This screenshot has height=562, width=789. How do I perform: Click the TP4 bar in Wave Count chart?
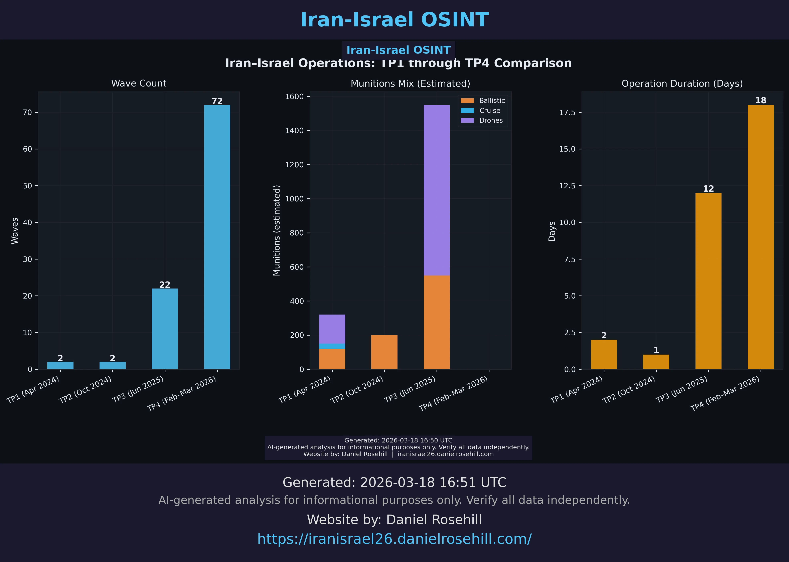217,237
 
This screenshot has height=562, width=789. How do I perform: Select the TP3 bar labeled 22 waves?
165,329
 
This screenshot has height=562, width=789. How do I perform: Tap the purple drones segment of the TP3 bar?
436,190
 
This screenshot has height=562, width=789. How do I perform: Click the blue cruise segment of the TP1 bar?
332,346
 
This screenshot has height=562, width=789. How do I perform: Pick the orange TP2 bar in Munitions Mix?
384,352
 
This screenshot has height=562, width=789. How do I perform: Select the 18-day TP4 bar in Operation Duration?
761,237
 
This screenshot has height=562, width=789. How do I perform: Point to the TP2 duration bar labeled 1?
656,362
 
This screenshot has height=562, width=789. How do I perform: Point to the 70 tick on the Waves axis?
27,113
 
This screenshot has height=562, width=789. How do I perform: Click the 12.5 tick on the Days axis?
568,186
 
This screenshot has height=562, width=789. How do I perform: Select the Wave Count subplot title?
139,83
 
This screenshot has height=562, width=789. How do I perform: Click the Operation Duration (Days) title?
682,84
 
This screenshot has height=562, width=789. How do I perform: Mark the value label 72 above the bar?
217,101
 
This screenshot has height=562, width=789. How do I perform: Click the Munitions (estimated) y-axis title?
277,230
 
